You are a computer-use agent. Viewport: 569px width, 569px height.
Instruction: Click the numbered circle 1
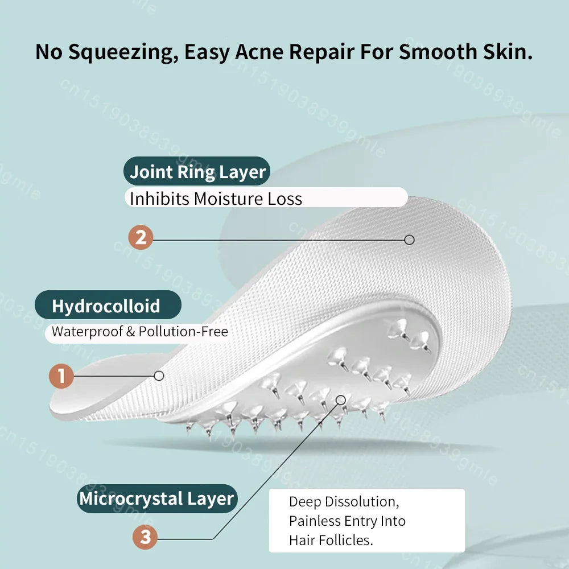click(61, 376)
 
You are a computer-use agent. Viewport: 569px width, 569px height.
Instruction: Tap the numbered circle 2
click(141, 237)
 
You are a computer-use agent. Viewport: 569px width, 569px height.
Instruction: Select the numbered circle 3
click(145, 537)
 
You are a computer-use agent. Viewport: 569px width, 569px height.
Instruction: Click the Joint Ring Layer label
click(197, 172)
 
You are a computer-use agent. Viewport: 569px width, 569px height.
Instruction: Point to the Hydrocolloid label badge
click(106, 306)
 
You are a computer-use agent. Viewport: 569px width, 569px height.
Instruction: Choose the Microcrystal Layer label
click(156, 498)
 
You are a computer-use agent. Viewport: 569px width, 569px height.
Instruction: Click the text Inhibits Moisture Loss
click(216, 199)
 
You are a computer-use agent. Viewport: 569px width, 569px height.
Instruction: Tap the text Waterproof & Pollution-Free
click(139, 332)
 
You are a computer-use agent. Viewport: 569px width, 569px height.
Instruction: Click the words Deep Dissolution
click(342, 502)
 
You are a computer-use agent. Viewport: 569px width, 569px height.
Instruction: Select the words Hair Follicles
click(331, 540)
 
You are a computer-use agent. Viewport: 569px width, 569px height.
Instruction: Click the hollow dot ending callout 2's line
click(409, 240)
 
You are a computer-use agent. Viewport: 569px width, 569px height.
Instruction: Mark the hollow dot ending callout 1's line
click(159, 376)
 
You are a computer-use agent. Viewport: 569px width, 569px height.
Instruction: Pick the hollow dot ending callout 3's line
click(341, 399)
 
